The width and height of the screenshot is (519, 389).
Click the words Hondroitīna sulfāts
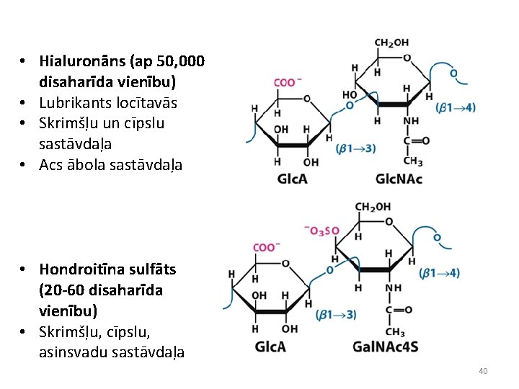click(107, 269)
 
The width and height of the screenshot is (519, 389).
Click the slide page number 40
click(483, 371)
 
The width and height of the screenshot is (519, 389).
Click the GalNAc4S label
click(385, 346)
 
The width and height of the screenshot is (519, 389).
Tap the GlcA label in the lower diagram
click(270, 346)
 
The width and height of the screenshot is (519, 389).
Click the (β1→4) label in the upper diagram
click(456, 107)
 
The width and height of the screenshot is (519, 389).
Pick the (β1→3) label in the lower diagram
click(335, 315)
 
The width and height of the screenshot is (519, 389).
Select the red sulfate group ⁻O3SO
click(321, 231)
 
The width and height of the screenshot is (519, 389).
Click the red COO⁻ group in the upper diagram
click(286, 82)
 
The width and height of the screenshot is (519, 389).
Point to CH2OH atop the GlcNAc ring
click(391, 43)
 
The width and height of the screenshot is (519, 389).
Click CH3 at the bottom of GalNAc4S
click(394, 332)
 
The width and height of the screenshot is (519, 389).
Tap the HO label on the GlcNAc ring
click(350, 94)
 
